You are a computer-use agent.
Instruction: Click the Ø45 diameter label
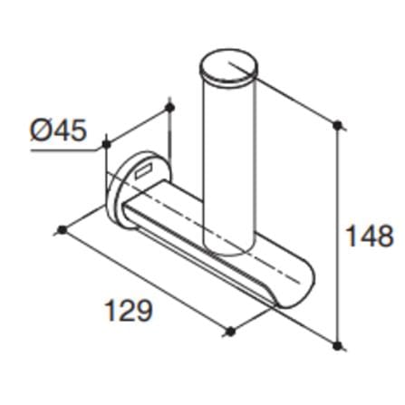pyautogui.click(x=59, y=130)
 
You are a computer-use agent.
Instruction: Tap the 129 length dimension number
pyautogui.click(x=129, y=310)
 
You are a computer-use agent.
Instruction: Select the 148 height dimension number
pyautogui.click(x=370, y=236)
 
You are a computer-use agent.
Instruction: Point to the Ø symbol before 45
pyautogui.click(x=41, y=130)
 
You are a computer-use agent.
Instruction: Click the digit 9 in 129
pyautogui.click(x=143, y=310)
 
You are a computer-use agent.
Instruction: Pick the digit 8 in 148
pyautogui.click(x=385, y=236)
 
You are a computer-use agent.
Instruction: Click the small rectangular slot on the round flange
pyautogui.click(x=144, y=170)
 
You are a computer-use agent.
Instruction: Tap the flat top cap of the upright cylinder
pyautogui.click(x=229, y=66)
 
